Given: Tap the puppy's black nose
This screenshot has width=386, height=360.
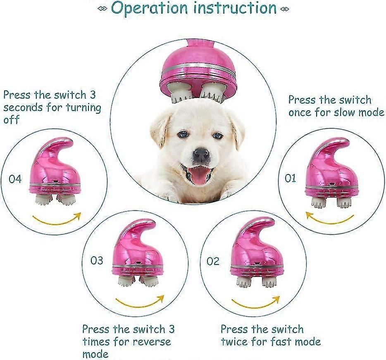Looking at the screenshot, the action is [202, 155].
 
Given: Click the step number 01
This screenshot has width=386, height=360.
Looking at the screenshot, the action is [290, 178].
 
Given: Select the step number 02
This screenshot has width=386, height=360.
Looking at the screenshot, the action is [213, 261].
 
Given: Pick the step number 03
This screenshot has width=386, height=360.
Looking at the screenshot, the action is [97, 260].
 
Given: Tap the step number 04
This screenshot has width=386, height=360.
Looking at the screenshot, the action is [15, 179].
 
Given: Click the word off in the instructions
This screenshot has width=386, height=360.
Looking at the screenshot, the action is [11, 119].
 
